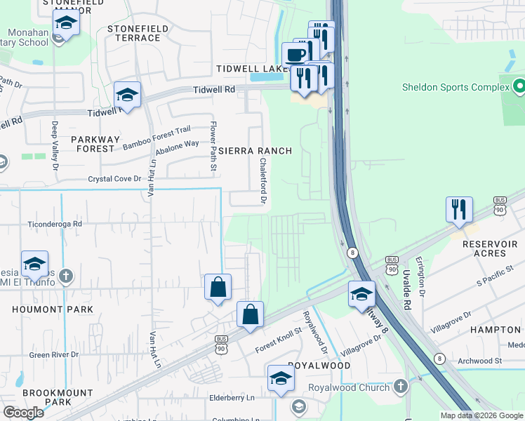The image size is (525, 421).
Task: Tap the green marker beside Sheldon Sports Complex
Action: pos(519,87)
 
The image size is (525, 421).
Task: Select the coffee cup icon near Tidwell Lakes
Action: pos(294,54)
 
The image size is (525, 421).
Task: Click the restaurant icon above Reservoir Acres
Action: pos(458,209)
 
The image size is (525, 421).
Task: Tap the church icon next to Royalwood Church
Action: pos(400,387)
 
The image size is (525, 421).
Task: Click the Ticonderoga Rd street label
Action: pos(55,224)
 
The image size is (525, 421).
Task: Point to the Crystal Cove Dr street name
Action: pos(114,179)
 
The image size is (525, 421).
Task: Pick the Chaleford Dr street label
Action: pos(263,181)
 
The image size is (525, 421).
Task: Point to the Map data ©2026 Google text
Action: pos(481,415)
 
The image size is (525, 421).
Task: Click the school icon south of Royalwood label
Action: pos(280,378)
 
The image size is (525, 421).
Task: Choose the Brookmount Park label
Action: pos(48,397)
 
